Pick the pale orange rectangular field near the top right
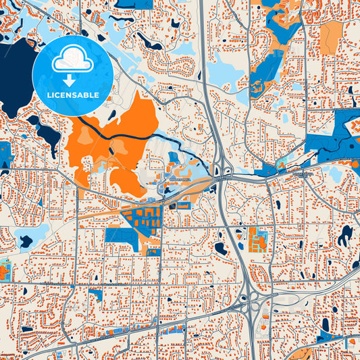pyautogui.click(x=331, y=37)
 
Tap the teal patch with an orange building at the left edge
pyautogui.click(x=3, y=270)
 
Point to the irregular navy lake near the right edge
pyautogui.click(x=345, y=236)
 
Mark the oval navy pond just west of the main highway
pyautogui.click(x=221, y=248)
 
